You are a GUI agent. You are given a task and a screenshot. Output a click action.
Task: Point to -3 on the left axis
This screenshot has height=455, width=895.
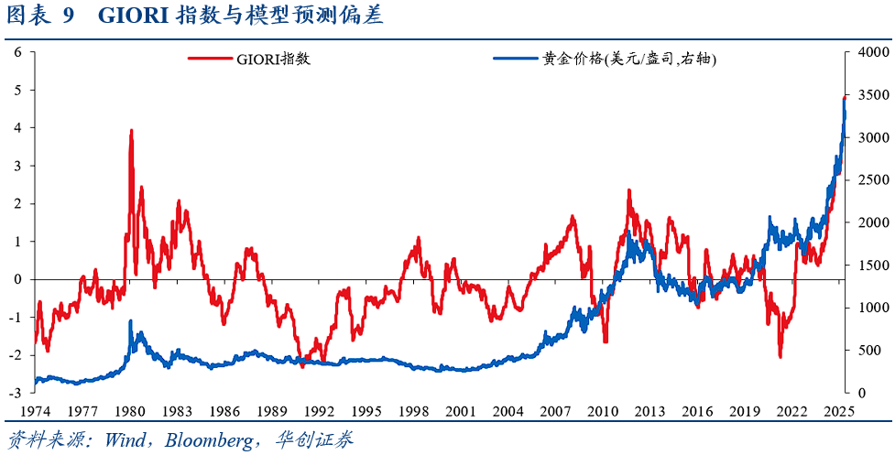pos(16,393)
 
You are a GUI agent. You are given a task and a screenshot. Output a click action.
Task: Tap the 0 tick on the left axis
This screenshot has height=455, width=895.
pos(18,279)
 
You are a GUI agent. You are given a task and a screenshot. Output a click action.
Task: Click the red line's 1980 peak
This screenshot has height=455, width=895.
pos(131,131)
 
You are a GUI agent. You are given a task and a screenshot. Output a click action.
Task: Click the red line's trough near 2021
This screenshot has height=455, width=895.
pos(780,356)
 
